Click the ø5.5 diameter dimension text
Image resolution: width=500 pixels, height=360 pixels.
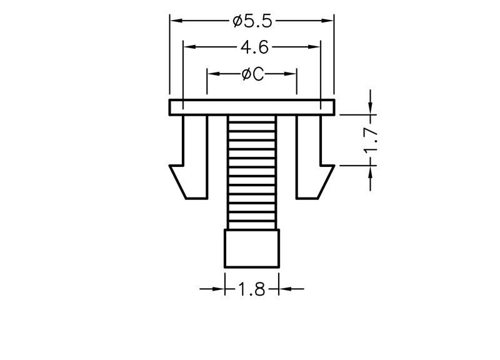[x=252, y=21]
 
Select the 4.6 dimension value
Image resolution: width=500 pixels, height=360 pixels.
[x=254, y=47]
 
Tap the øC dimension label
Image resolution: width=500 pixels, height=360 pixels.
[x=253, y=74]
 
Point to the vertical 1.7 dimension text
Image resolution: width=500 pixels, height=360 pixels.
[x=371, y=140]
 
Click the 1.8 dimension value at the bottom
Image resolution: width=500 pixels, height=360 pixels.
[x=251, y=289]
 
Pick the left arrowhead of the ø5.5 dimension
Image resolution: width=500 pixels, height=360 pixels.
[x=176, y=21]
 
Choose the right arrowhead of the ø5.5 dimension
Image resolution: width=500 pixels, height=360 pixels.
[x=327, y=21]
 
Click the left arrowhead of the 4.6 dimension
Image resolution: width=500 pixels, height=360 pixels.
[x=190, y=47]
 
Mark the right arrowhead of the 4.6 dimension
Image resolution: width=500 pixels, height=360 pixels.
[x=314, y=47]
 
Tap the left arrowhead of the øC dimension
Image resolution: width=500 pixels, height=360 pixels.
[x=214, y=74]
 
